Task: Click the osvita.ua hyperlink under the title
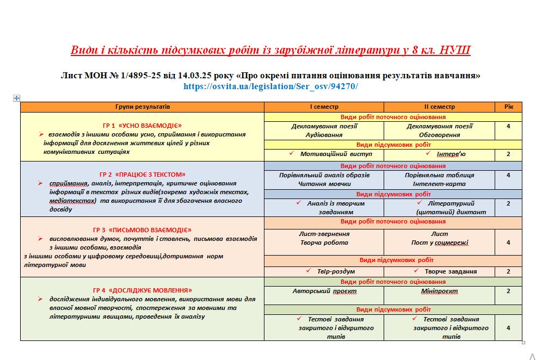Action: coord(270,86)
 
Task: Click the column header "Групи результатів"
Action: coord(143,107)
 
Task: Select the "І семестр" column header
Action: coord(324,107)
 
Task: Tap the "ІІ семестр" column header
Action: coord(439,107)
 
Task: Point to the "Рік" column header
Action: coord(508,107)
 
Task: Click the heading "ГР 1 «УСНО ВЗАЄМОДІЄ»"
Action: coord(142,125)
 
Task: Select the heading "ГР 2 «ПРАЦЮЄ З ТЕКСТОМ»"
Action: coord(143,175)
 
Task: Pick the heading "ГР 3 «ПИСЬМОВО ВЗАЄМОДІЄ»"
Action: coord(143,230)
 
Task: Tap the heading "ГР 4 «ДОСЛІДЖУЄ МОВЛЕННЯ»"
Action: coord(143,290)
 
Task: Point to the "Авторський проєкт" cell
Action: coord(324,291)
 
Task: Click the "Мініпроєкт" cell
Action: coord(439,291)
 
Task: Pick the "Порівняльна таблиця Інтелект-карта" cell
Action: coord(439,179)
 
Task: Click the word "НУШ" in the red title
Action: coord(454,51)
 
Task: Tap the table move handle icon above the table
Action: coord(16,98)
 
